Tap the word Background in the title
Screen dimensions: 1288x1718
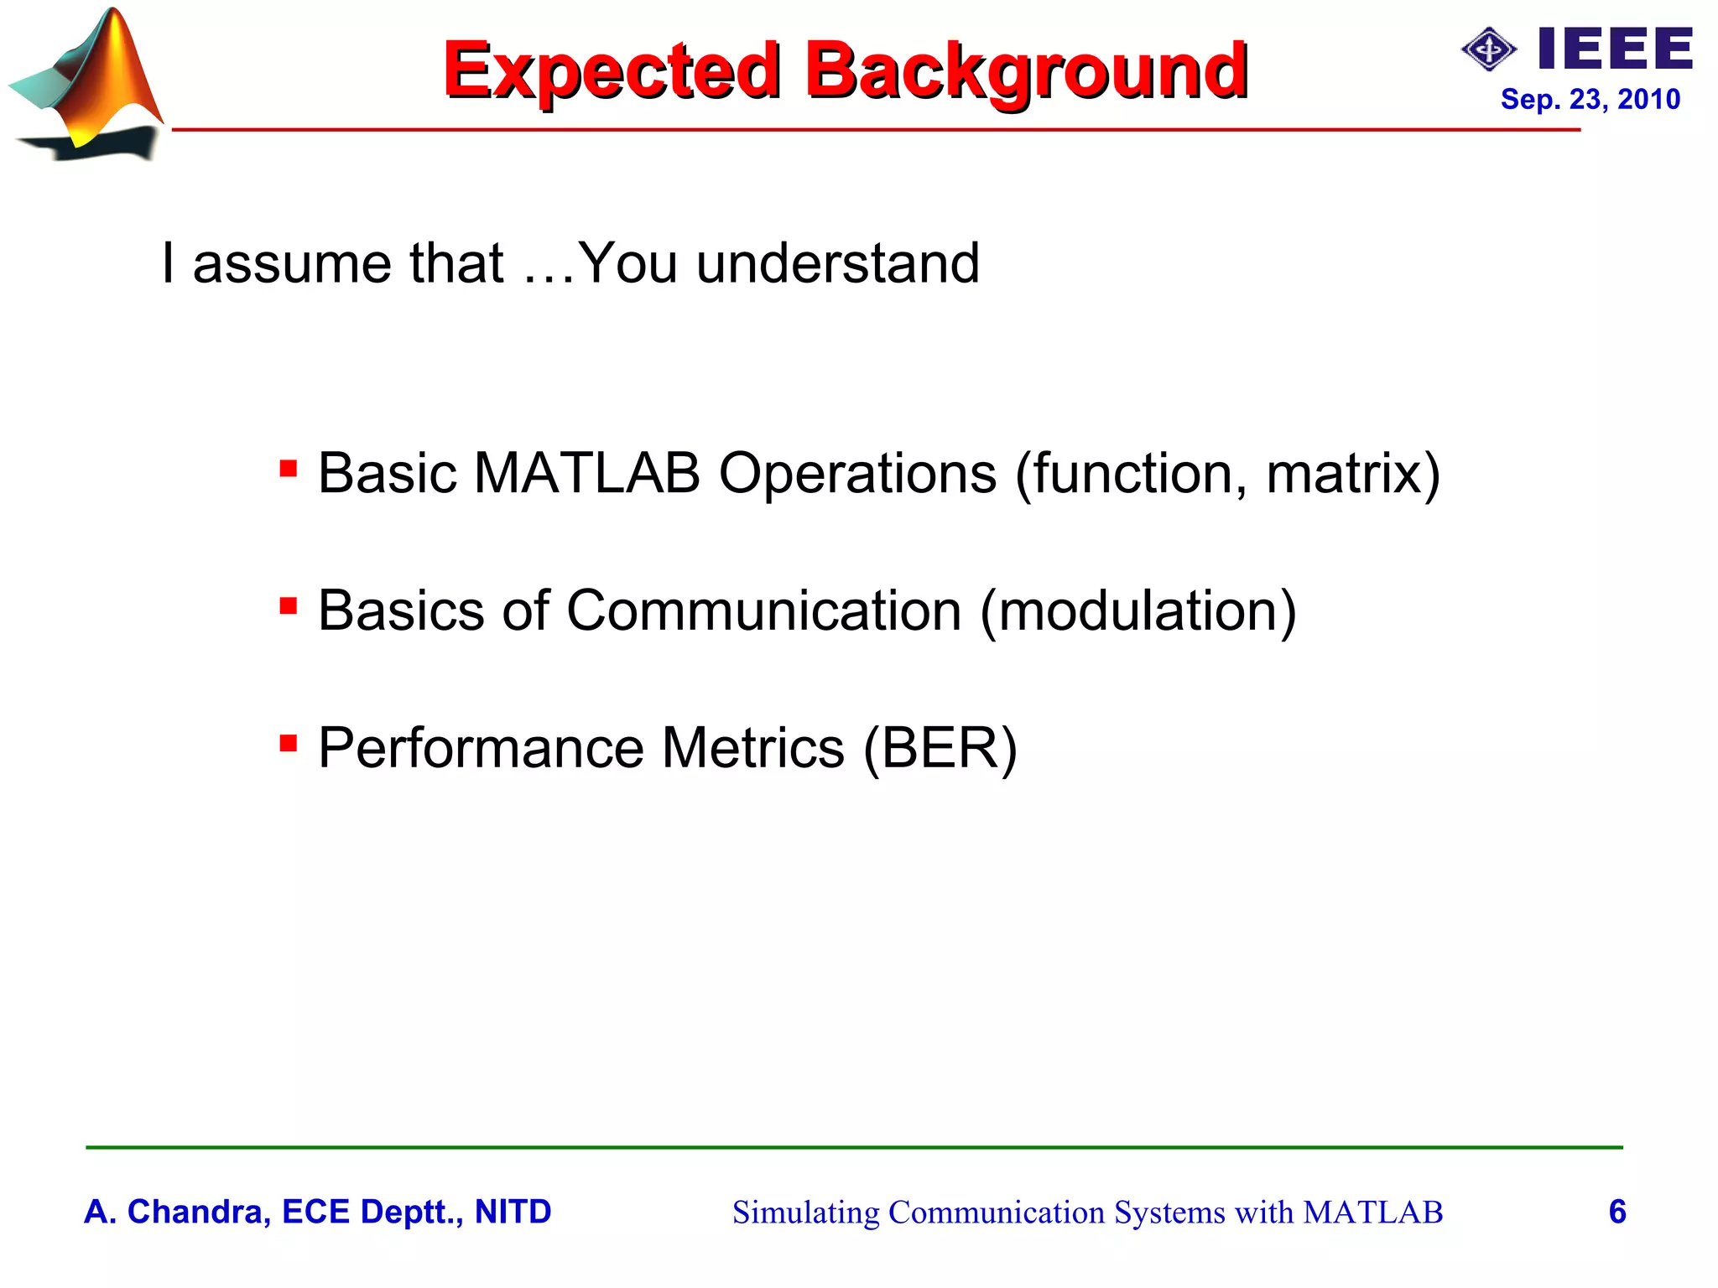1025,70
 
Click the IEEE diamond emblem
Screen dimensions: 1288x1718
1489,49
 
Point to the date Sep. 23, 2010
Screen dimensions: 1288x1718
1590,99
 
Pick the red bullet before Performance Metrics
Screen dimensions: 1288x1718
288,742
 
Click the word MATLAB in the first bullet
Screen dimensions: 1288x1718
586,473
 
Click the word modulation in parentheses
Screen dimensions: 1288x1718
1138,610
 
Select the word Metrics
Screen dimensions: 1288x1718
752,748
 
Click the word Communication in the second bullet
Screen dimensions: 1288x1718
763,610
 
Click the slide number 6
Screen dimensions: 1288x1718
1617,1212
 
